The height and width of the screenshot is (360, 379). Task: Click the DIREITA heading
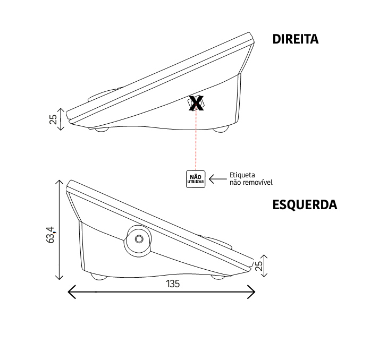click(x=296, y=39)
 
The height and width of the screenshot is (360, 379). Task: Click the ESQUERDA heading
click(x=305, y=205)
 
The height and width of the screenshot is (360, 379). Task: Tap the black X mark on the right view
click(x=196, y=103)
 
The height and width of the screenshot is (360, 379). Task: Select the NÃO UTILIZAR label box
click(x=196, y=179)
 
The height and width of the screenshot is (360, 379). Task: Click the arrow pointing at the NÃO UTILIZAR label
click(x=218, y=179)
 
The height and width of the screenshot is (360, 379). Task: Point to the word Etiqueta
click(x=242, y=175)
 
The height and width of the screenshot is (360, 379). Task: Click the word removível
click(x=257, y=182)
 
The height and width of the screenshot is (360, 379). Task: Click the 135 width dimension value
click(x=173, y=284)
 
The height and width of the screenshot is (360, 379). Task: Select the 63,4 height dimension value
click(x=51, y=235)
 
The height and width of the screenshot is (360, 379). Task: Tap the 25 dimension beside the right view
click(x=53, y=119)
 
